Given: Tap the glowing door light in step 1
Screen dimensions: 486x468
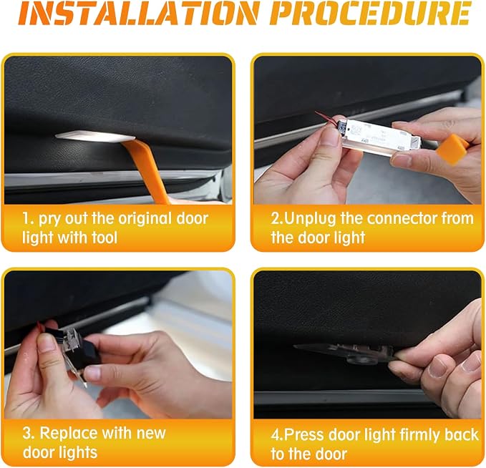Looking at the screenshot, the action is tap(95, 137).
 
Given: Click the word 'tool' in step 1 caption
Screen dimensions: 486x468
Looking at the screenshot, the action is tap(105, 238).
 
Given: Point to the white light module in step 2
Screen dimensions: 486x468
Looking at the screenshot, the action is tap(381, 134).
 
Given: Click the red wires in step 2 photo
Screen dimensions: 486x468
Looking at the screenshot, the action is tap(326, 118).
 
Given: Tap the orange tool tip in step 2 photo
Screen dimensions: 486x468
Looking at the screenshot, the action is tap(452, 150).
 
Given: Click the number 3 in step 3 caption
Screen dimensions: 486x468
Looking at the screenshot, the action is tap(27, 433).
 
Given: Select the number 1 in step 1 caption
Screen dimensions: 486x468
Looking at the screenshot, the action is tap(26, 219).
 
